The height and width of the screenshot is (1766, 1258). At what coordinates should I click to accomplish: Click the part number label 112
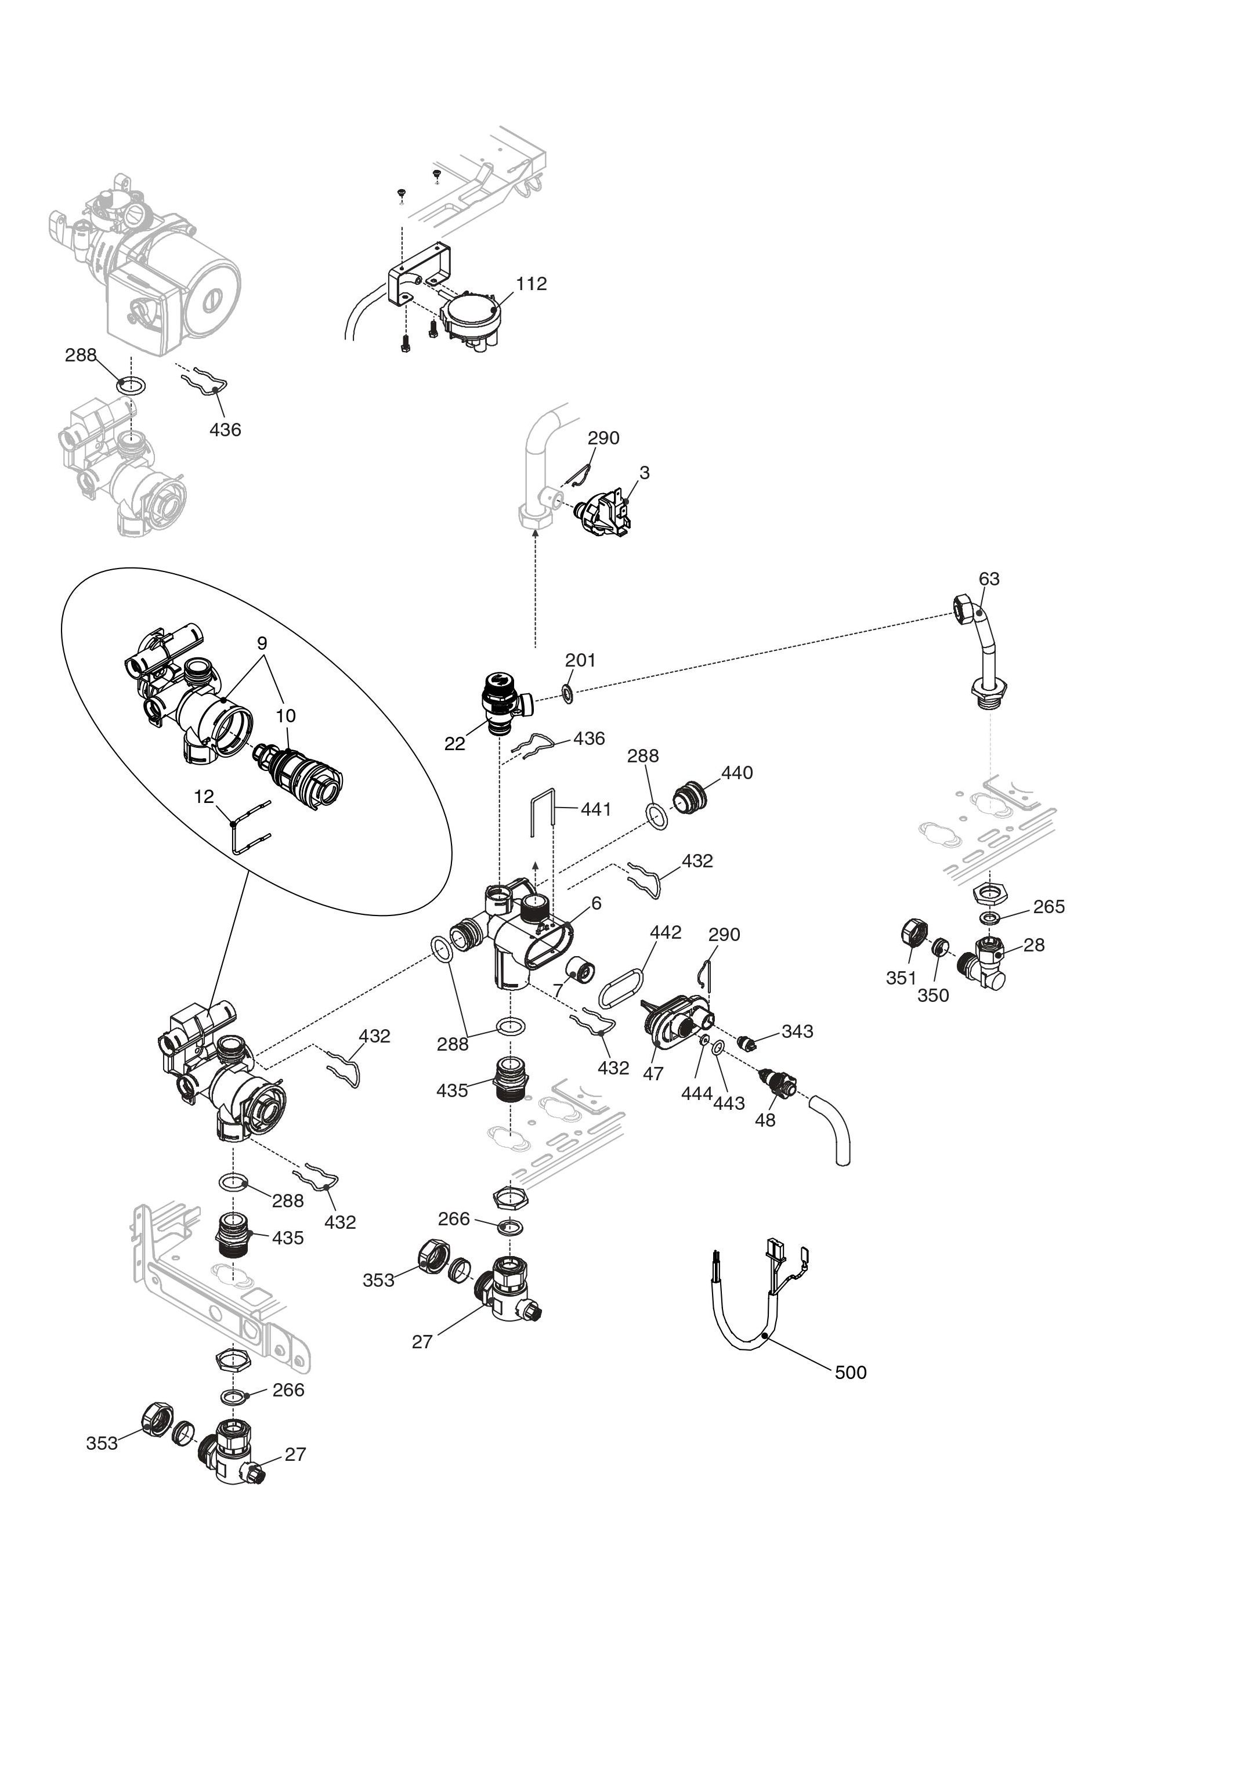[532, 284]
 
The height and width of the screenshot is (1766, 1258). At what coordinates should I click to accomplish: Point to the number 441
[596, 809]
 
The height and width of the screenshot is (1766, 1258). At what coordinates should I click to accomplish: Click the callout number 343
[797, 1031]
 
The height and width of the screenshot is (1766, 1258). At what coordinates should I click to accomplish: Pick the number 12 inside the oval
[204, 797]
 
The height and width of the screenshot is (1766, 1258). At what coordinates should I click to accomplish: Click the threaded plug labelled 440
[689, 797]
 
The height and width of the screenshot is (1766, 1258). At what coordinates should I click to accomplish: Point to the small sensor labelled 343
[747, 1043]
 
